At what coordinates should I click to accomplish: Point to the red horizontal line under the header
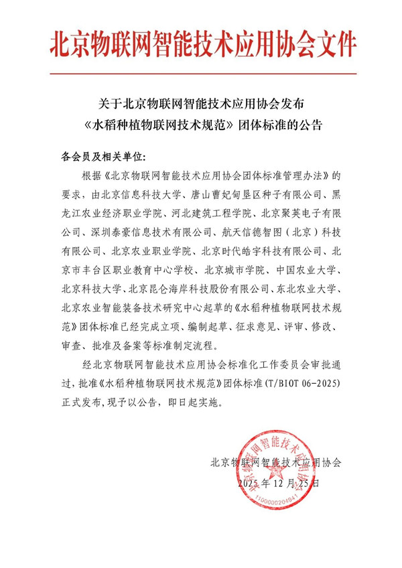point(201,73)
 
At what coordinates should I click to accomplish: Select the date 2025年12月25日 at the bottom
point(277,482)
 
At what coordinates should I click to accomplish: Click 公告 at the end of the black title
point(308,125)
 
